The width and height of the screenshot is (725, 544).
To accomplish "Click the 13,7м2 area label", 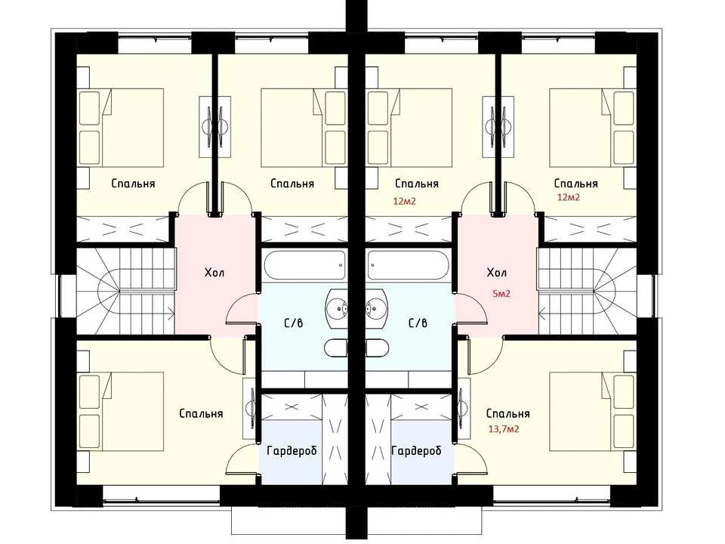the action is click(x=504, y=429).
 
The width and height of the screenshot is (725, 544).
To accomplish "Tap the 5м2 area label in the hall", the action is click(x=501, y=293).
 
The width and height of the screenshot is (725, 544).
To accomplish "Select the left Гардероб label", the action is click(x=292, y=450).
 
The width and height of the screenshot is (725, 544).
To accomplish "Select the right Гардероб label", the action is click(x=416, y=450).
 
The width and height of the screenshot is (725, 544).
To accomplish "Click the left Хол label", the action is click(x=214, y=273).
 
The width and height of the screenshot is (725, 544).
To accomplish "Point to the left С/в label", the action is click(x=294, y=323).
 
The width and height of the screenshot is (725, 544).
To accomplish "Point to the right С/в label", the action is click(x=418, y=323).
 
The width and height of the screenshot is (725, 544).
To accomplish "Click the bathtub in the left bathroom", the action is click(x=305, y=265).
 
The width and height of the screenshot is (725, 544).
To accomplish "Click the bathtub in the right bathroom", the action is click(x=408, y=265).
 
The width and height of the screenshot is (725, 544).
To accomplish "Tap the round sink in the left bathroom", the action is click(x=337, y=308).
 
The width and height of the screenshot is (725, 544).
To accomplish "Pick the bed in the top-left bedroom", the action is click(x=121, y=128).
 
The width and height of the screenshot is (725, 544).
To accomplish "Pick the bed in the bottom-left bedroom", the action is click(x=121, y=412).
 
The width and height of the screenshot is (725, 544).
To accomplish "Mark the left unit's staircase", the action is click(x=125, y=291).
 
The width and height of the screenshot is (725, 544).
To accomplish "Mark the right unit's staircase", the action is click(x=588, y=291).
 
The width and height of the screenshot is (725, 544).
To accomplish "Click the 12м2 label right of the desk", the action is click(x=568, y=197).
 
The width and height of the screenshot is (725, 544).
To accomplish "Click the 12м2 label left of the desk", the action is click(x=405, y=201).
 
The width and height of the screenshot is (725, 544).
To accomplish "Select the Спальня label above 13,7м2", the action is click(x=507, y=413).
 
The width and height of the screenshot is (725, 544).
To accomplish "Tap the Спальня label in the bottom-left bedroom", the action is click(x=201, y=413).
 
